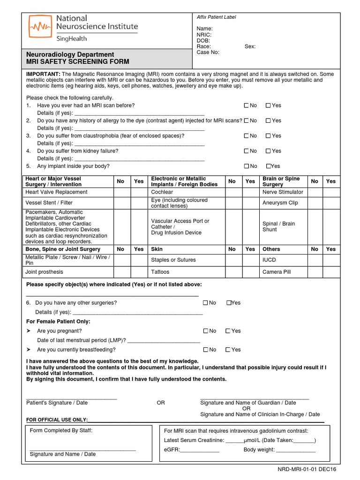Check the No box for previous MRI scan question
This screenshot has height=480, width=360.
pyautogui.click(x=247, y=105)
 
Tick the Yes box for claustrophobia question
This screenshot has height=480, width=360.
pyautogui.click(x=268, y=136)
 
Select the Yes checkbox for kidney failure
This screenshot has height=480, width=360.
pyautogui.click(x=268, y=151)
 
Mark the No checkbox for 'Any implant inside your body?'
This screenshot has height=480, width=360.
pyautogui.click(x=247, y=166)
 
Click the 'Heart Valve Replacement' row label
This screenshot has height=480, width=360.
pyautogui.click(x=56, y=192)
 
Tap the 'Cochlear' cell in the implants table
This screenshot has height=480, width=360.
pyautogui.click(x=162, y=192)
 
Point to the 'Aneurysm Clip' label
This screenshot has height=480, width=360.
pyautogui.click(x=280, y=203)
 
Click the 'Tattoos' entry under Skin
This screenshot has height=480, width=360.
pyautogui.click(x=160, y=272)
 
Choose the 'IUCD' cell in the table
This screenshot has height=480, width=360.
pyautogui.click(x=270, y=260)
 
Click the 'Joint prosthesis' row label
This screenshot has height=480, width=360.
pyautogui.click(x=44, y=272)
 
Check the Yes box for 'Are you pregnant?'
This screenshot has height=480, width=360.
pyautogui.click(x=228, y=331)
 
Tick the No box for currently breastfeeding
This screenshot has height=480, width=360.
pyautogui.click(x=206, y=350)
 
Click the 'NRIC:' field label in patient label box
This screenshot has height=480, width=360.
pyautogui.click(x=204, y=35)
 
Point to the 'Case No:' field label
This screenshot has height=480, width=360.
pyautogui.click(x=208, y=52)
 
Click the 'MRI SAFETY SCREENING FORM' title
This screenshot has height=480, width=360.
pyautogui.click(x=77, y=62)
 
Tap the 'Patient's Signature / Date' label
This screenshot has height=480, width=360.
pyautogui.click(x=57, y=403)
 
